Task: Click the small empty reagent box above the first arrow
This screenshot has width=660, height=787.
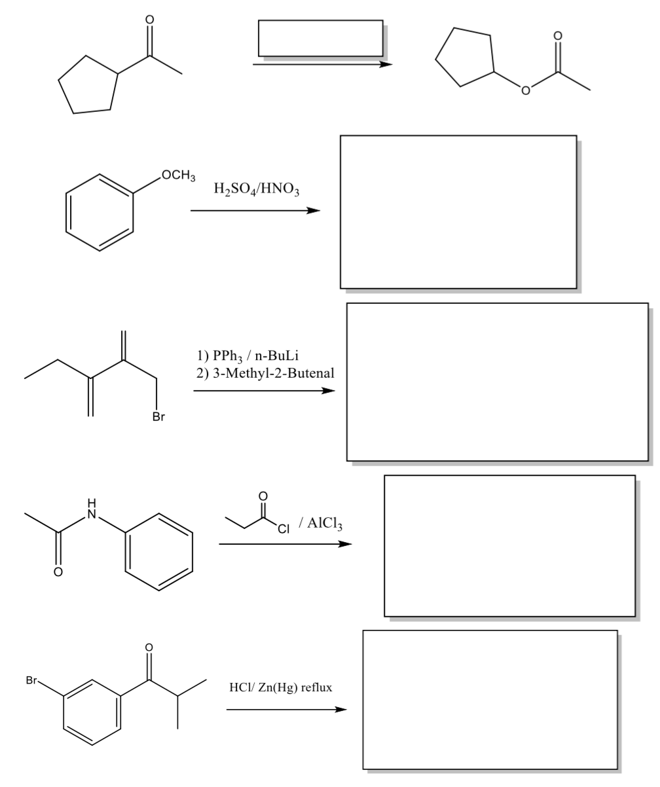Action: click(x=320, y=38)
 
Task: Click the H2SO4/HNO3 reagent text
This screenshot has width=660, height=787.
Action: click(x=256, y=190)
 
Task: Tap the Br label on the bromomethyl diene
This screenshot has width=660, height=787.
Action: click(x=158, y=417)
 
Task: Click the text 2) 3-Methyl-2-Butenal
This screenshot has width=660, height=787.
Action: click(x=265, y=373)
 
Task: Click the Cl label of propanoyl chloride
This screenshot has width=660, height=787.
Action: click(x=284, y=529)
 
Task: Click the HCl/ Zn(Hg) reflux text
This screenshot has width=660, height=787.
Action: click(x=280, y=687)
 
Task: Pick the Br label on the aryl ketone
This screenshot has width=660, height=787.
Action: click(x=31, y=680)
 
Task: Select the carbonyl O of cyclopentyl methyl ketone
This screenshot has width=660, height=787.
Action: click(x=149, y=20)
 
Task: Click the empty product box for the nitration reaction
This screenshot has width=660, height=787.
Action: click(x=458, y=211)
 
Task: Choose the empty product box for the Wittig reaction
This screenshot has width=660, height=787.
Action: click(x=497, y=382)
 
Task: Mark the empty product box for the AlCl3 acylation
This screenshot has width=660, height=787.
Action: click(x=509, y=545)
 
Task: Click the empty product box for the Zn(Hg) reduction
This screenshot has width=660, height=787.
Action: click(x=490, y=699)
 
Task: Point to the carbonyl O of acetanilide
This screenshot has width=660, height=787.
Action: click(x=58, y=572)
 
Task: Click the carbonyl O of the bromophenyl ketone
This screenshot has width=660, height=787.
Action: click(x=149, y=648)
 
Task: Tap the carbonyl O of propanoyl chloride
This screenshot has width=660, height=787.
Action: click(x=263, y=496)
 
